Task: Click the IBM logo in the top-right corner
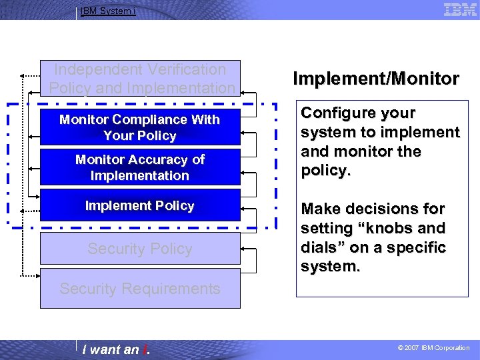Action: tap(460, 9)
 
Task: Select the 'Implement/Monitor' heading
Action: tap(376, 79)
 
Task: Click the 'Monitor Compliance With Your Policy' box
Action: tap(140, 127)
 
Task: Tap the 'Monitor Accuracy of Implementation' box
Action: tap(140, 167)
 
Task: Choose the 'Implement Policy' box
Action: tap(140, 205)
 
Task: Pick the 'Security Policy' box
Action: tap(140, 249)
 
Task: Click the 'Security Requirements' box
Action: tap(140, 289)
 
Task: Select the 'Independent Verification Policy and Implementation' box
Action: tap(140, 78)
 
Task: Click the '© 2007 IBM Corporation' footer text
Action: tap(433, 348)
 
